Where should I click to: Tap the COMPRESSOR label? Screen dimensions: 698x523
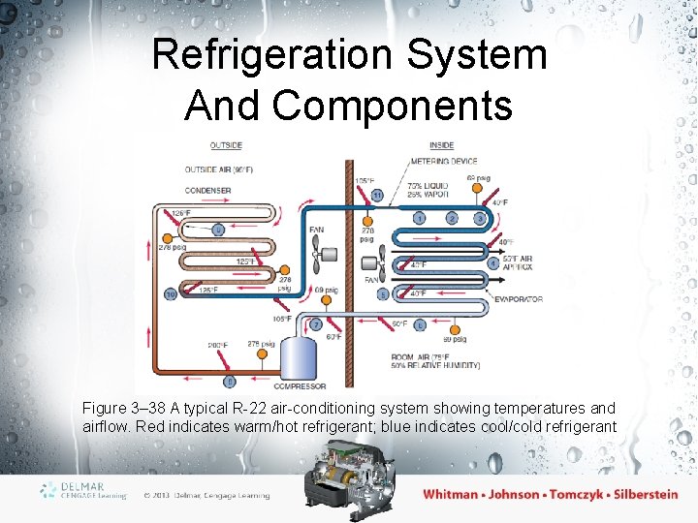[301, 386]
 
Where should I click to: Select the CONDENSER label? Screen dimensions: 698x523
[207, 191]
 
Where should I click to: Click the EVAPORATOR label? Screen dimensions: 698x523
[519, 299]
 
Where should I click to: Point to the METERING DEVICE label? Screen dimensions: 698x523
[444, 162]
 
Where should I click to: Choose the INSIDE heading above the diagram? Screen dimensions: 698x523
[441, 146]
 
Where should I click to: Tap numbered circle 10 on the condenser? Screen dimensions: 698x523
[171, 293]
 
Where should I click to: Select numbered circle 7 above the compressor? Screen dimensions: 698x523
[316, 323]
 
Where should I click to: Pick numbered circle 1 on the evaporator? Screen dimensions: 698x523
[419, 219]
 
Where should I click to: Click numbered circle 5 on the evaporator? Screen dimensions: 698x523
[383, 293]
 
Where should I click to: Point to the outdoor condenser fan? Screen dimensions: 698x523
[317, 254]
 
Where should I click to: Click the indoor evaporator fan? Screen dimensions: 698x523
[378, 262]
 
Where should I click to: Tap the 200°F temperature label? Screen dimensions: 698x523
[216, 345]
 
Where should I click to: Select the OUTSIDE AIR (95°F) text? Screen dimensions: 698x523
[219, 169]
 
